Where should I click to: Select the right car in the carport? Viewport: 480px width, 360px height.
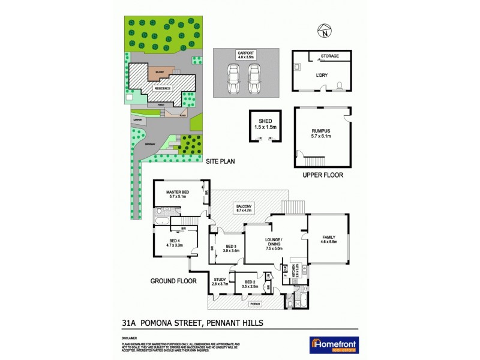[255, 79]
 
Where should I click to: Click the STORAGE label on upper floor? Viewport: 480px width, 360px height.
[329, 56]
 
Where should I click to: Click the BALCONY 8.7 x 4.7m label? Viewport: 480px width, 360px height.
[247, 209]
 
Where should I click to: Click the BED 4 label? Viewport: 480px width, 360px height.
[173, 242]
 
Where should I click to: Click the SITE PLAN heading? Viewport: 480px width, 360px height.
[220, 161]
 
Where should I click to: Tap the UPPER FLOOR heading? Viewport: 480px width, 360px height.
[323, 176]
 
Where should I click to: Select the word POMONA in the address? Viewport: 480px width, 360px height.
[160, 322]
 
